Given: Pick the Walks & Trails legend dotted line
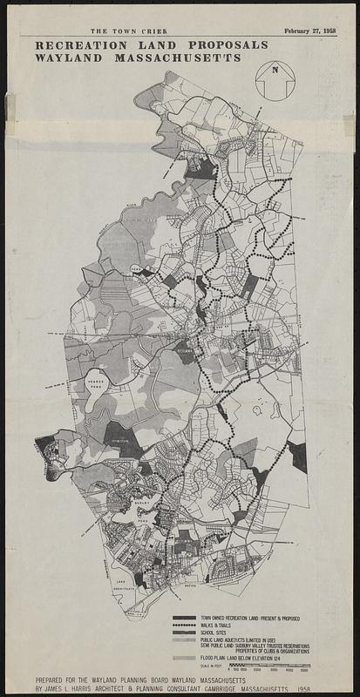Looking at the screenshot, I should [183, 626].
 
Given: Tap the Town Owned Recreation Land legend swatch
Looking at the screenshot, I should [183, 618].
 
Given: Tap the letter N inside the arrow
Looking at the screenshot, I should [275, 71].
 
